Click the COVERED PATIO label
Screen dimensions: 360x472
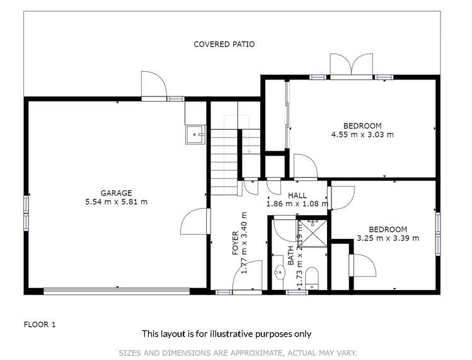point(224,44)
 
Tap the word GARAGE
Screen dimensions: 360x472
point(116,193)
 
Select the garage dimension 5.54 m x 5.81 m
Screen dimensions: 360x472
point(116,202)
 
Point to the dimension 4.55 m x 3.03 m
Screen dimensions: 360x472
point(362,134)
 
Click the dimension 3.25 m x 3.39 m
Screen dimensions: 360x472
point(388,238)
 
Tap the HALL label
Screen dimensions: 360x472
point(297,195)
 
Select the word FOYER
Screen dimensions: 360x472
point(236,243)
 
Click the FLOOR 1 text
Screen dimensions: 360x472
point(40,325)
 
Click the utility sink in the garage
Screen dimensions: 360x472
point(195,134)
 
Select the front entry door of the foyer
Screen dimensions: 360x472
point(247,277)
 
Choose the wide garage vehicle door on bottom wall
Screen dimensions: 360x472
point(116,291)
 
